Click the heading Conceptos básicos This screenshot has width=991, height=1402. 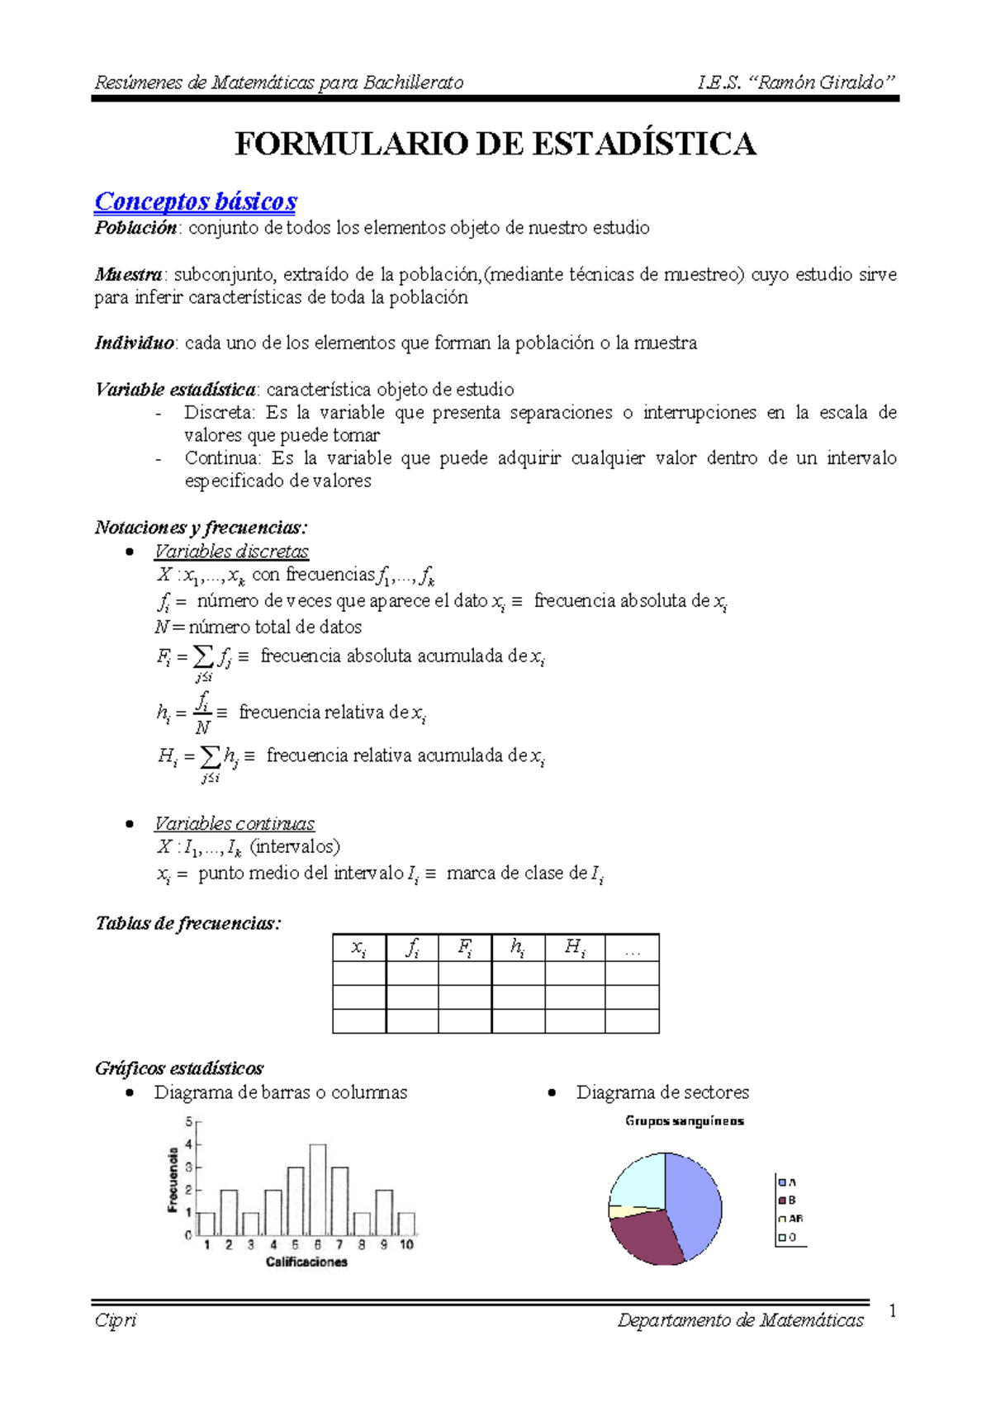(195, 201)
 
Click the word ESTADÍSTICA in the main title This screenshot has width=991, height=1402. (643, 144)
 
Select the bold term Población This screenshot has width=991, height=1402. (135, 228)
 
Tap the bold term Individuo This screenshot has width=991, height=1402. (135, 343)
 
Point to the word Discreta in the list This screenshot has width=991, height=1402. (219, 413)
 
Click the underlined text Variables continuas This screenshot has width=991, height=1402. (235, 823)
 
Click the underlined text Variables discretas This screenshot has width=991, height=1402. (231, 551)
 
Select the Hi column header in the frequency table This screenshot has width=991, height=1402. (575, 948)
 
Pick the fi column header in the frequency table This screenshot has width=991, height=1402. (412, 948)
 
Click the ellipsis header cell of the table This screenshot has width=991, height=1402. (633, 949)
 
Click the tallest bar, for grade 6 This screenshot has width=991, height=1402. (318, 1189)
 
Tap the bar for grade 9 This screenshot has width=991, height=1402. (384, 1212)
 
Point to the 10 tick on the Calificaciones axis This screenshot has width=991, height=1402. (406, 1244)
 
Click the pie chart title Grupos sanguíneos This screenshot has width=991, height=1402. (685, 1120)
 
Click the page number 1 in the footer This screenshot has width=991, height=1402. (892, 1310)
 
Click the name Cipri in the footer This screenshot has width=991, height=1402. (116, 1320)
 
